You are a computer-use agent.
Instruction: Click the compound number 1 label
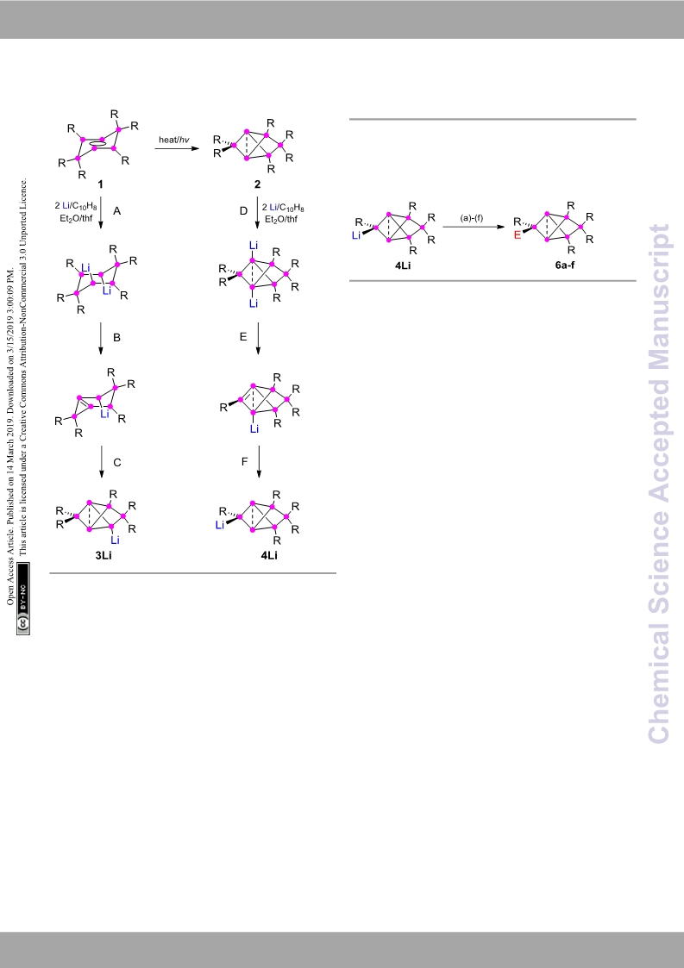pyautogui.click(x=100, y=184)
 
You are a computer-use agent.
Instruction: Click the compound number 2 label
pyautogui.click(x=258, y=184)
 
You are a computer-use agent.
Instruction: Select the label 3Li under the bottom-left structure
pyautogui.click(x=104, y=556)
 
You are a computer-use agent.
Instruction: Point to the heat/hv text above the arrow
pyautogui.click(x=174, y=140)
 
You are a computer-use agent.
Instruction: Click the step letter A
pyautogui.click(x=116, y=211)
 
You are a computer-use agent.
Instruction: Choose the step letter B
pyautogui.click(x=116, y=338)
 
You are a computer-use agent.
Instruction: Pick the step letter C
pyautogui.click(x=117, y=462)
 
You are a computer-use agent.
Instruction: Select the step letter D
pyautogui.click(x=243, y=211)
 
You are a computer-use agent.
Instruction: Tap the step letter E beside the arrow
pyautogui.click(x=243, y=336)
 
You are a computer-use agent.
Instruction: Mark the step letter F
pyautogui.click(x=245, y=461)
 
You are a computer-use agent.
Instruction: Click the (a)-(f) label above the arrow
pyautogui.click(x=472, y=218)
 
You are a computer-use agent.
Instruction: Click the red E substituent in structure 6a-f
pyautogui.click(x=518, y=235)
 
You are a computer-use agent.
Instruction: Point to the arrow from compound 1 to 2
pyautogui.click(x=177, y=148)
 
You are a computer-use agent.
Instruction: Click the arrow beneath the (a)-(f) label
pyautogui.click(x=474, y=228)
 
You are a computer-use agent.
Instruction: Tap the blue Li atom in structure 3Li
pyautogui.click(x=115, y=540)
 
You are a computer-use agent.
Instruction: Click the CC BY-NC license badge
pyautogui.click(x=23, y=598)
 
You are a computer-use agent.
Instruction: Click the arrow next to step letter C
pyautogui.click(x=101, y=462)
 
